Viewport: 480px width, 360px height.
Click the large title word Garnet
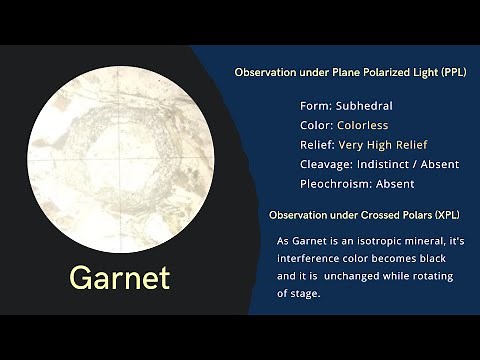119,277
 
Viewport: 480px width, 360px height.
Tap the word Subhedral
364,105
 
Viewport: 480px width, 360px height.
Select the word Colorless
358,125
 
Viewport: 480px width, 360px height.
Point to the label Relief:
318,145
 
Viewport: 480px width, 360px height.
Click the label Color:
317,125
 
